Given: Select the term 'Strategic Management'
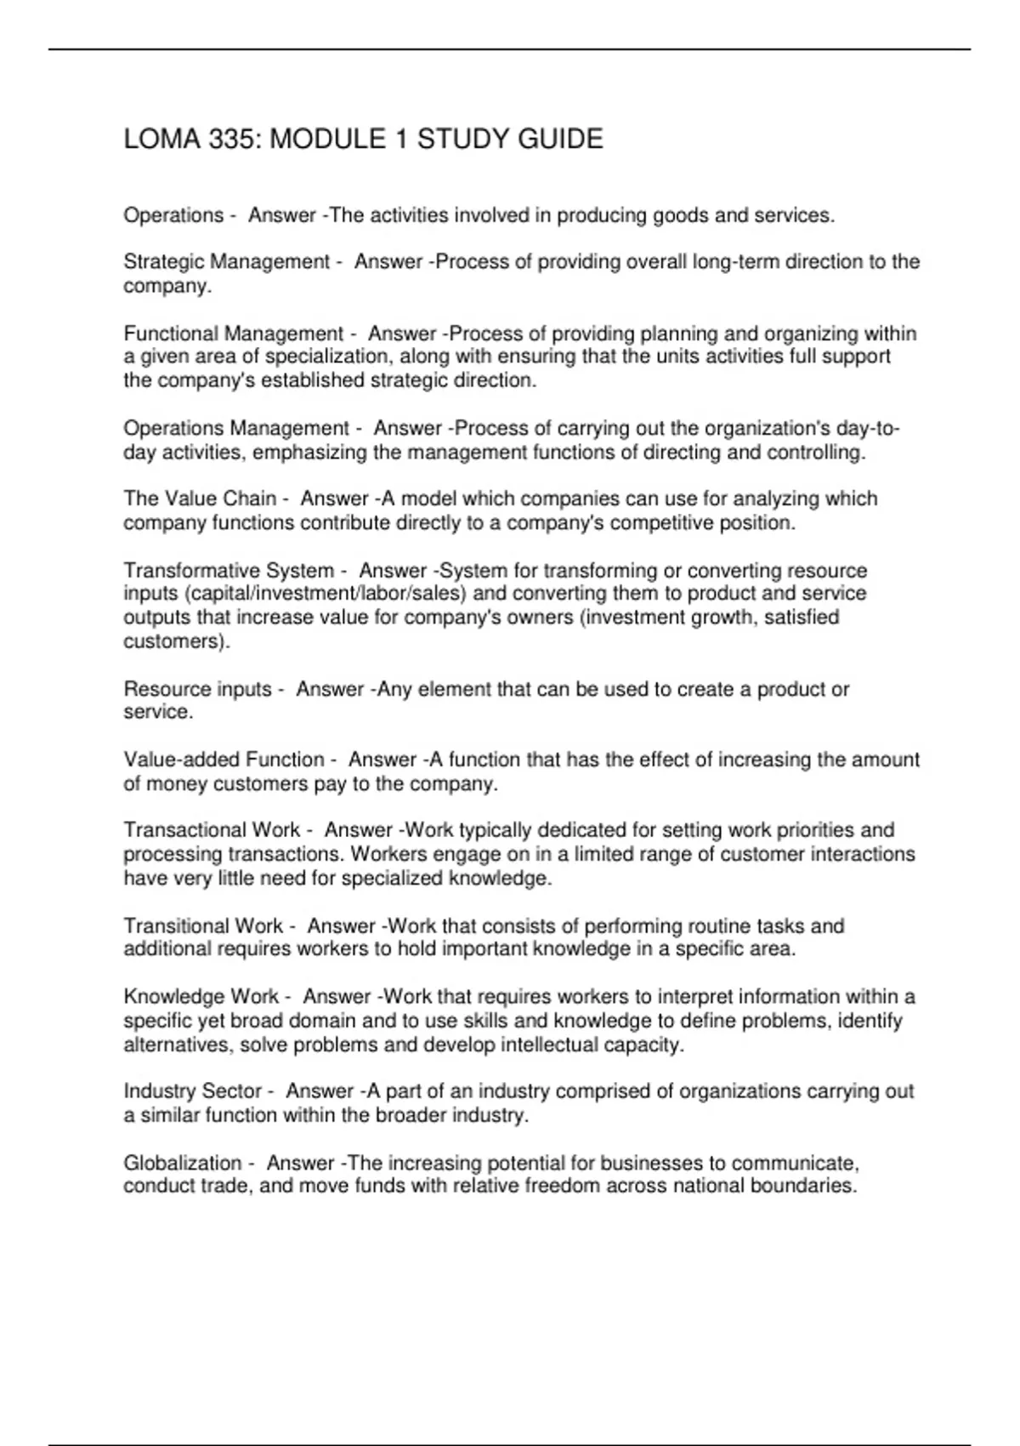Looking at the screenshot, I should click(x=226, y=262).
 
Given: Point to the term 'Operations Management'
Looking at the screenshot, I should click(x=236, y=428).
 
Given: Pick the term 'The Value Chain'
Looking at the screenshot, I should click(x=200, y=498).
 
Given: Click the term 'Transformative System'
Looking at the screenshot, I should click(x=229, y=570).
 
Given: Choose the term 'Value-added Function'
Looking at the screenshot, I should click(x=224, y=760).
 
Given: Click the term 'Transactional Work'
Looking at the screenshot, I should click(x=212, y=830).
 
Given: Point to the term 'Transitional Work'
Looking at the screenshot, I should click(x=203, y=925).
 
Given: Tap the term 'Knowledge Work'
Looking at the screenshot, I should click(x=201, y=996).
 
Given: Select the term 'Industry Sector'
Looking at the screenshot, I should click(x=192, y=1091).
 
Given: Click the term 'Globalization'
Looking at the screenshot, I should click(x=183, y=1163).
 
